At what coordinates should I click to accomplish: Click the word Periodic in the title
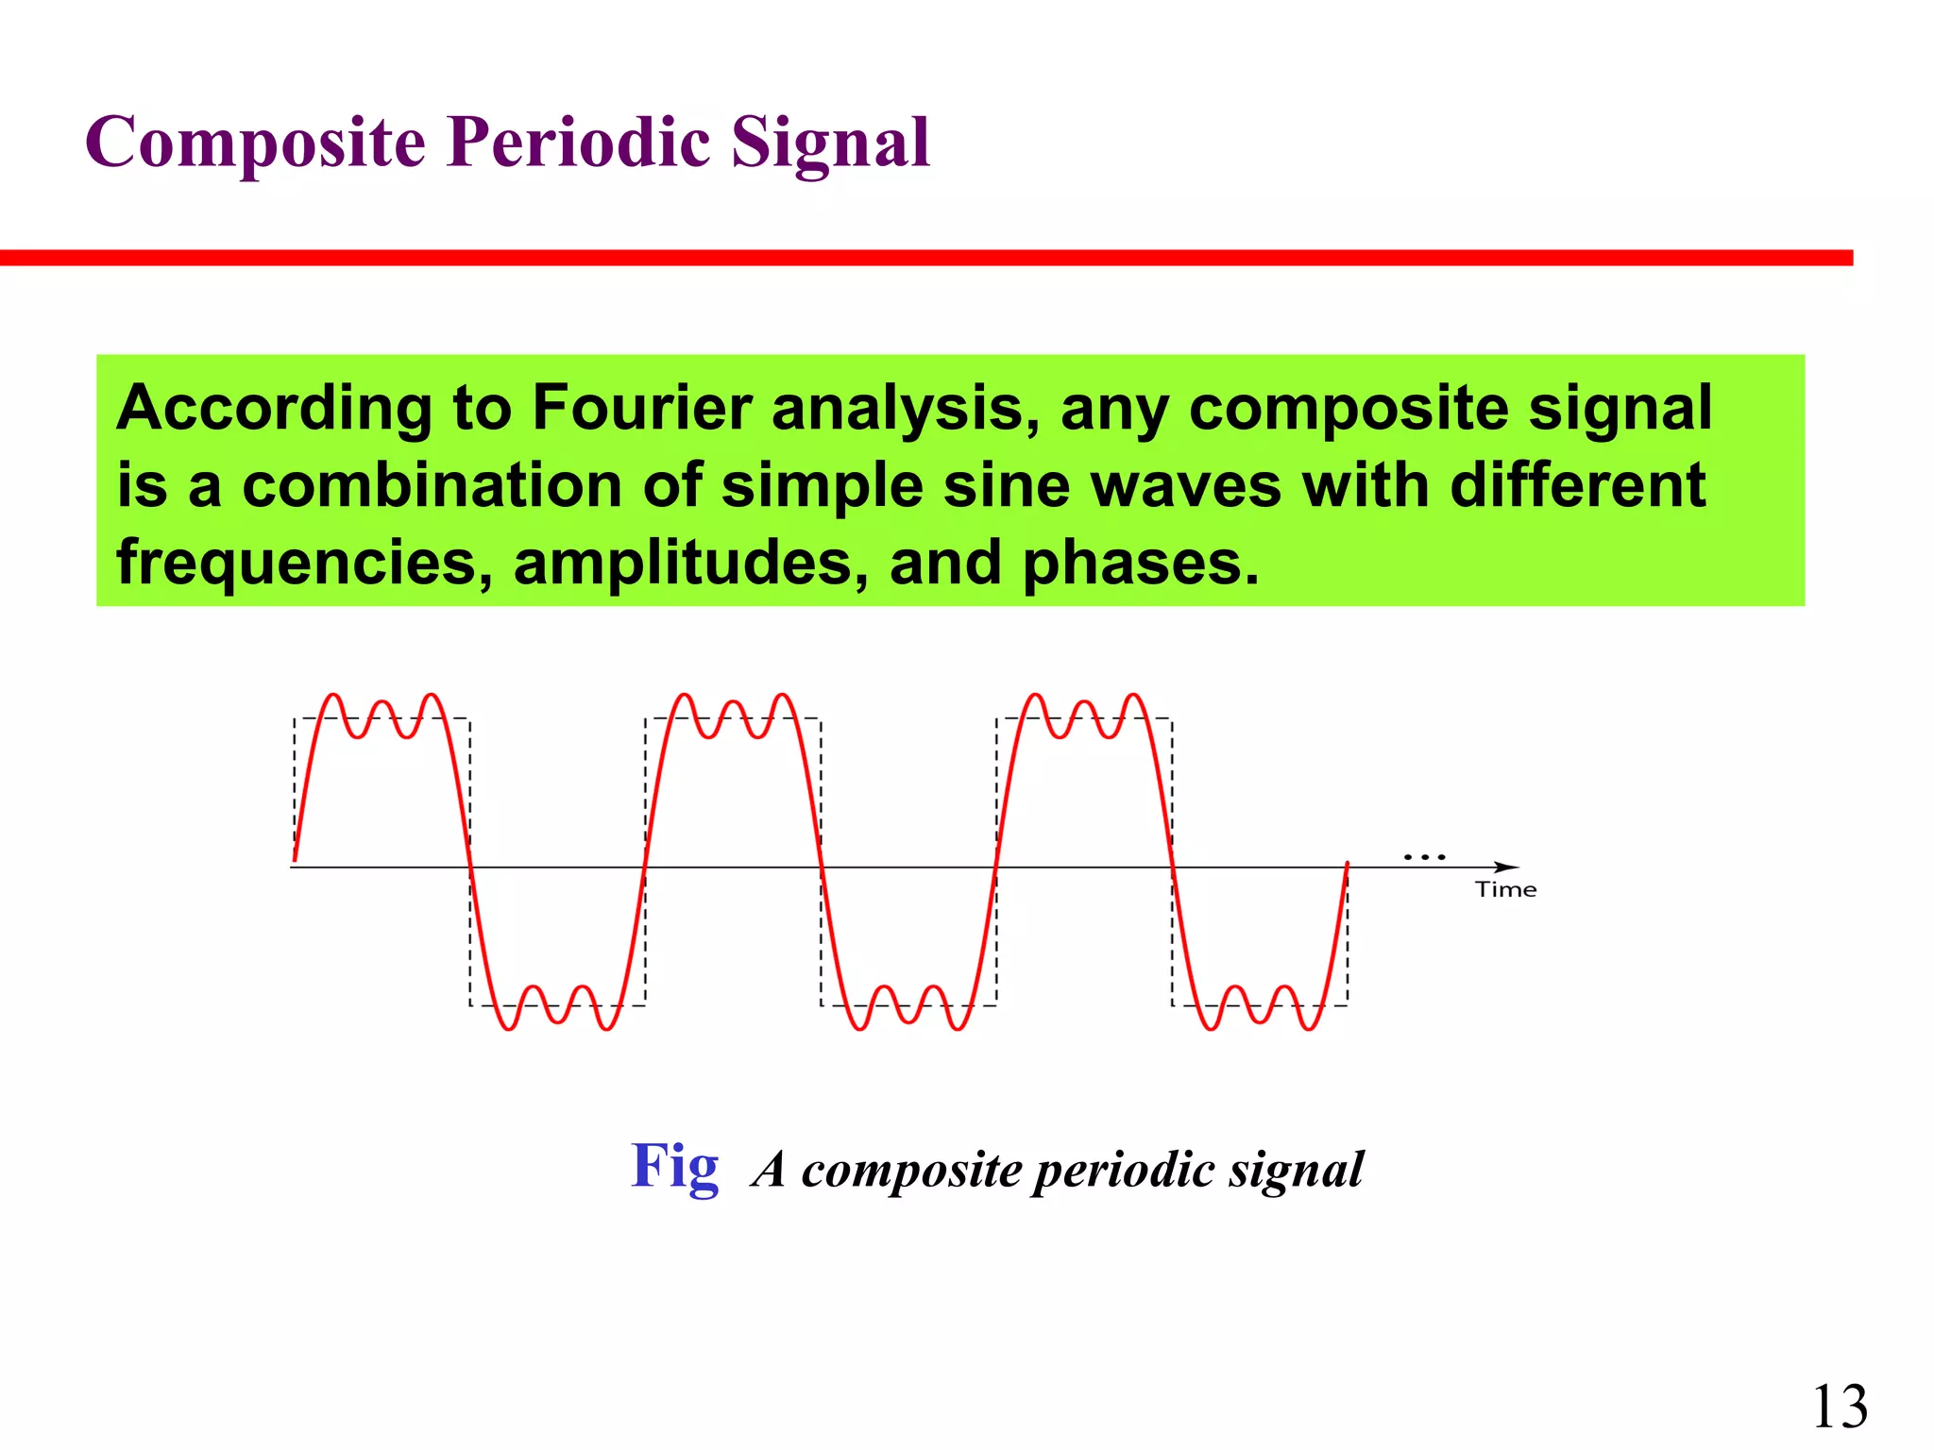579,143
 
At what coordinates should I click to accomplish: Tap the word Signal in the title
830,143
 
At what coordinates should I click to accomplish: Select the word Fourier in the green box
641,408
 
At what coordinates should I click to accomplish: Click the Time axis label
1505,889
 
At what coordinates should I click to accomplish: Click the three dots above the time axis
1424,857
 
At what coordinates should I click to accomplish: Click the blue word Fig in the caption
674,1167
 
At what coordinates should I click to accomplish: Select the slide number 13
1840,1407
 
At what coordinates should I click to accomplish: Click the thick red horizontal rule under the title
925,258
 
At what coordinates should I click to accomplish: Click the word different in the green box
1576,486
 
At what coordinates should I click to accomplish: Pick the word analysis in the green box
906,408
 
